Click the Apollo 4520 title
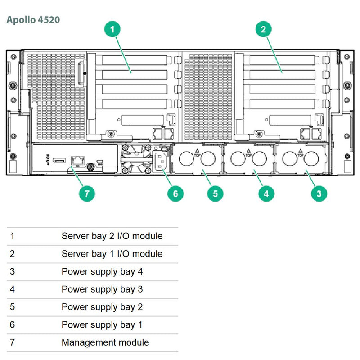(x=33, y=20)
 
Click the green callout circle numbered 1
(x=113, y=30)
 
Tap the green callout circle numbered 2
(x=264, y=30)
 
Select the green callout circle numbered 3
(x=319, y=194)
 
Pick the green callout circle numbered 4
(x=266, y=194)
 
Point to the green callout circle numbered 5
(x=215, y=194)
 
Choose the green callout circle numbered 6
(x=175, y=194)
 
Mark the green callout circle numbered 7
(x=87, y=194)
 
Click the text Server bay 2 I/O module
(x=112, y=236)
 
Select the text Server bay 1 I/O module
(x=112, y=254)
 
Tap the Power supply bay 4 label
(x=102, y=271)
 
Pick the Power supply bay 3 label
(x=102, y=289)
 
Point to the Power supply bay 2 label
(x=102, y=307)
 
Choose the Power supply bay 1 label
(x=102, y=325)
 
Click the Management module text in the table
(x=105, y=342)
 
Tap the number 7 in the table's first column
(x=12, y=342)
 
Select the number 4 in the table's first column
(x=12, y=289)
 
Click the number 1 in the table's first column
(x=12, y=236)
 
